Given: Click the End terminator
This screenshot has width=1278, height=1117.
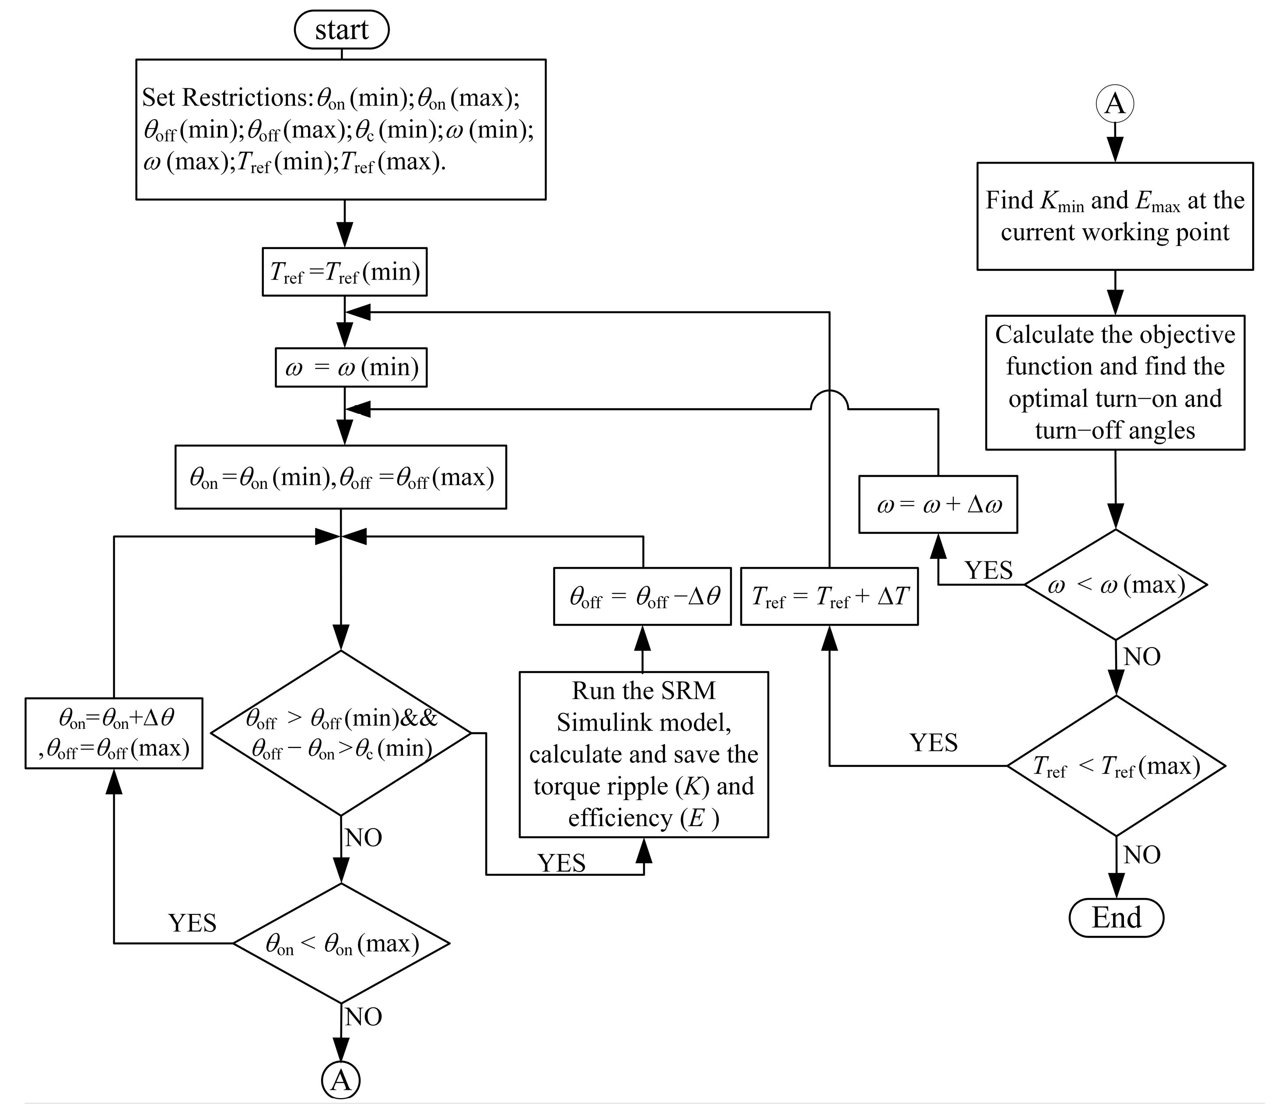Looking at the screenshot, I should pos(1116,917).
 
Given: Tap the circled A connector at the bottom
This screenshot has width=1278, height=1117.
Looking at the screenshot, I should pos(340,1080).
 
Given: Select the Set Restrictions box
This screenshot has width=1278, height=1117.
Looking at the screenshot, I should pos(341,130).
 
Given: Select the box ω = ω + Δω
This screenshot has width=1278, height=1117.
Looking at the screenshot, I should pos(938,504).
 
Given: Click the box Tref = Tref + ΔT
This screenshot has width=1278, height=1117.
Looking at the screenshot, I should pos(829,596).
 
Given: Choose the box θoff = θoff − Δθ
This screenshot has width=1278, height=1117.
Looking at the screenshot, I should pos(642,596).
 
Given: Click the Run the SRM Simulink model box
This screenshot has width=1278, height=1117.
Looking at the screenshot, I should pos(643,754).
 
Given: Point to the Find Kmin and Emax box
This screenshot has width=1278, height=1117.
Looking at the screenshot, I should pos(1115,216).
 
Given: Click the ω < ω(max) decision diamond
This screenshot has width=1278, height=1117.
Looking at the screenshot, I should pos(1116,585).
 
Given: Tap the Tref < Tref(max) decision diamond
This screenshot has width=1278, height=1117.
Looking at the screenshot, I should pos(1116,765).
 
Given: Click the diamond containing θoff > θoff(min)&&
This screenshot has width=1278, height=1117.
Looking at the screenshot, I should pos(341,733).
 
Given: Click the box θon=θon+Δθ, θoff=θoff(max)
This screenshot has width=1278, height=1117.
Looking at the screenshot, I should pos(114,733).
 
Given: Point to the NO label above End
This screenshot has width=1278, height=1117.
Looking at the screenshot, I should pos(1141,854).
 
